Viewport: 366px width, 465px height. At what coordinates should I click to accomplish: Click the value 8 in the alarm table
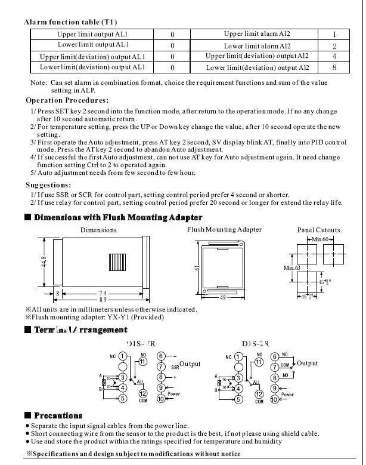point(334,67)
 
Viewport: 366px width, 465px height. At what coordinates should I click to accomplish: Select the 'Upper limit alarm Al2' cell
point(257,35)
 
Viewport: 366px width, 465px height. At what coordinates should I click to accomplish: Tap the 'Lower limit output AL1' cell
point(93,45)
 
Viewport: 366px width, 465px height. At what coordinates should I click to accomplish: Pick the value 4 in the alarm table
point(334,56)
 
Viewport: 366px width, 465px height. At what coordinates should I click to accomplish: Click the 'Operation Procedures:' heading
point(67,100)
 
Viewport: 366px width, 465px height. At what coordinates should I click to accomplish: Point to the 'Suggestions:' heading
point(48,185)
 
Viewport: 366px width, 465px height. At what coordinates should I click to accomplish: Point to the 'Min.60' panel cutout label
point(320,239)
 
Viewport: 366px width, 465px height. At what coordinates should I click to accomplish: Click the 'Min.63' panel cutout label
point(291,268)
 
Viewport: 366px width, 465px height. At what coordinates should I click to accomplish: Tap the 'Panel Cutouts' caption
point(318,230)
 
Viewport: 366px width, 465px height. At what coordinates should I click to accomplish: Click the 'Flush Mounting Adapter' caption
point(224,229)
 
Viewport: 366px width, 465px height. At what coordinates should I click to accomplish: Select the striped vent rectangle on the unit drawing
point(116,263)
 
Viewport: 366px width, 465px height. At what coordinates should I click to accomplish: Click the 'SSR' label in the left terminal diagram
point(175,367)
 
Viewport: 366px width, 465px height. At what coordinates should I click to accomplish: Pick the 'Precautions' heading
point(58,415)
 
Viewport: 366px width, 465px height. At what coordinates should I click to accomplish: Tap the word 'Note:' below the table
point(39,83)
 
